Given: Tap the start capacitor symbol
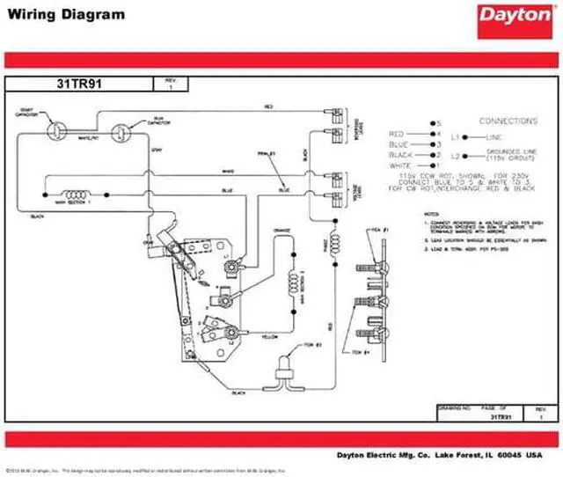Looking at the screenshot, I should (55, 128).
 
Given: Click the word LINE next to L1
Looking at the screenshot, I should (495, 137).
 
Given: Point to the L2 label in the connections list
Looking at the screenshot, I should (456, 155).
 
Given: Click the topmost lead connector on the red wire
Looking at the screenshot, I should (335, 114).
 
